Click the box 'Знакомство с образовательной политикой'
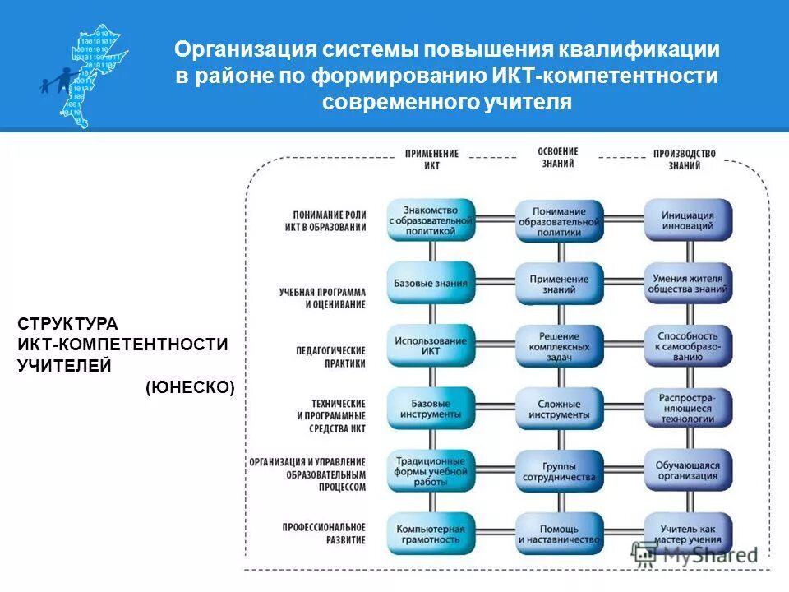(x=431, y=220)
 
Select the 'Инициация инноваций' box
(x=687, y=220)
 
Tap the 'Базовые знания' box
(x=431, y=283)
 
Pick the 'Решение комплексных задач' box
(x=559, y=345)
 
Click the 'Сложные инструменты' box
(x=559, y=409)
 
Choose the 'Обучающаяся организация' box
(x=687, y=470)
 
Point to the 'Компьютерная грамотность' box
(x=431, y=534)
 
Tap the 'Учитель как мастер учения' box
(x=687, y=534)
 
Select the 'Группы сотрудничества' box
(x=559, y=470)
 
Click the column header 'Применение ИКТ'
(x=431, y=160)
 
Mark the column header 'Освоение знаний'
(x=558, y=157)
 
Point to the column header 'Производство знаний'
(x=684, y=160)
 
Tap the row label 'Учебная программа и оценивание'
(x=321, y=298)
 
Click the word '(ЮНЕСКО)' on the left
(x=190, y=387)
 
